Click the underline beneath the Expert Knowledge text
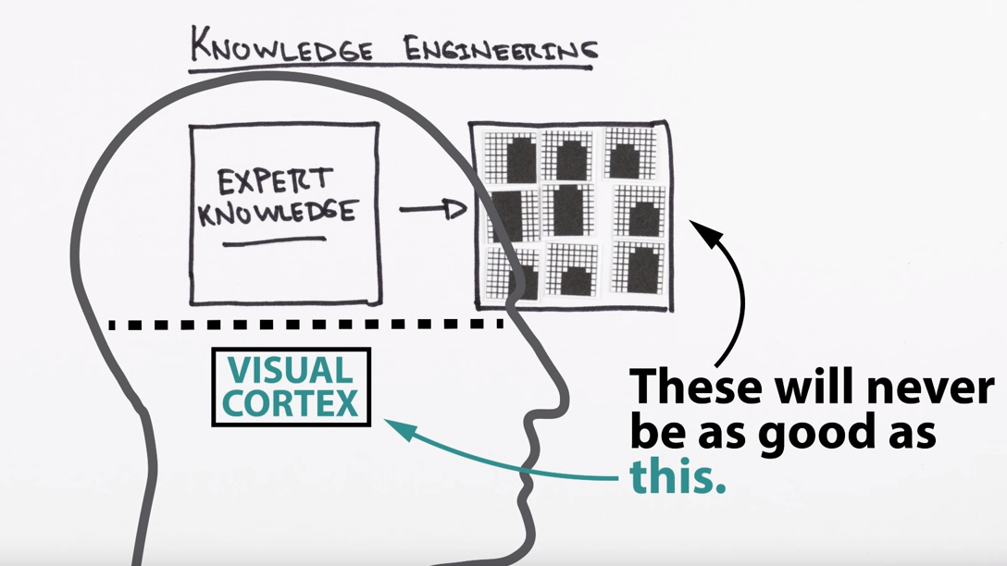click(274, 241)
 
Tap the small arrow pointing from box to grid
click(432, 210)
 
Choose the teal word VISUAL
click(291, 371)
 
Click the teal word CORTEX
click(291, 403)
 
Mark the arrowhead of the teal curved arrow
click(392, 424)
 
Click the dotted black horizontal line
click(305, 325)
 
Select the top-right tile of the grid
click(633, 153)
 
